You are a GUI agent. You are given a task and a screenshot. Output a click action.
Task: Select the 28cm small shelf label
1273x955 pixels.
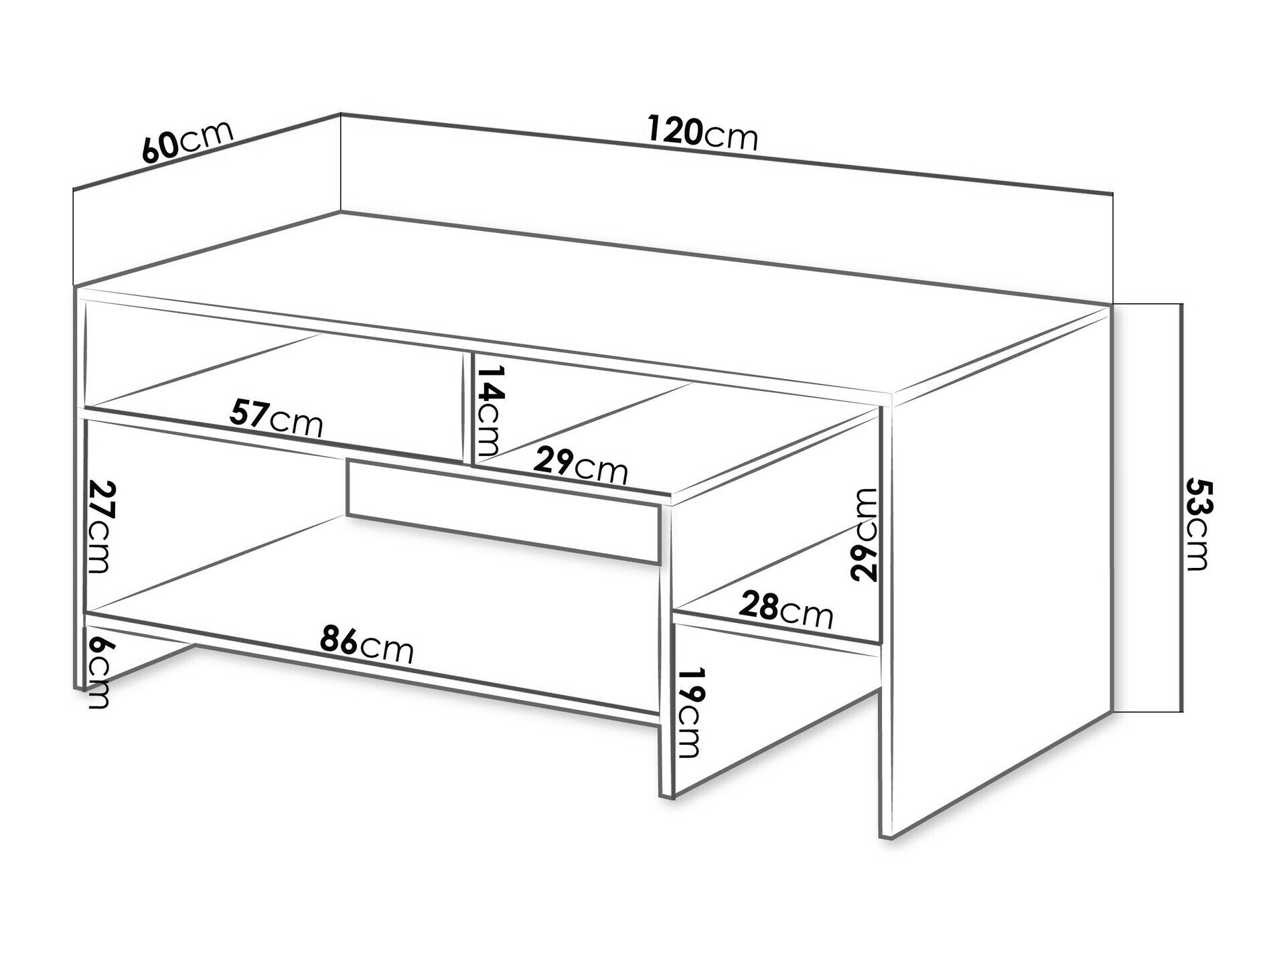[785, 610]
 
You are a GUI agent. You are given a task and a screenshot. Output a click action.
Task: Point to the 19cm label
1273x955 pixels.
[689, 711]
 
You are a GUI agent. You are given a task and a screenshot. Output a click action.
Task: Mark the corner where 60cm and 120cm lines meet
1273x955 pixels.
[341, 115]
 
